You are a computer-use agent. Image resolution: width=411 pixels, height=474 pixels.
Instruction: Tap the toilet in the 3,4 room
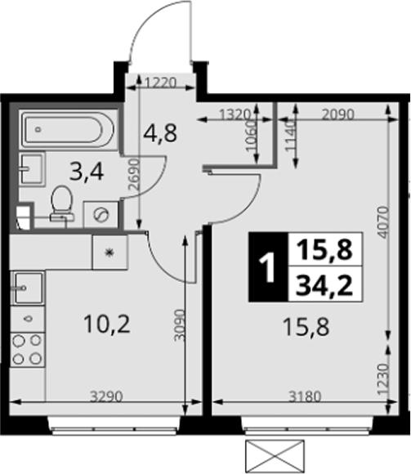[x=62, y=205]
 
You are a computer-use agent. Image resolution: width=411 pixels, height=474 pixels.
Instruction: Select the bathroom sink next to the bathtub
[x=32, y=168]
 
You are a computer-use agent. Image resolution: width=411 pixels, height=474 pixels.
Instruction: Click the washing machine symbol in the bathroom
[x=101, y=214]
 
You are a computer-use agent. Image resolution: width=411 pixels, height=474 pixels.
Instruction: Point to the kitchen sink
[x=28, y=288]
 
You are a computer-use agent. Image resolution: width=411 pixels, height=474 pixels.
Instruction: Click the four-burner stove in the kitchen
[x=28, y=350]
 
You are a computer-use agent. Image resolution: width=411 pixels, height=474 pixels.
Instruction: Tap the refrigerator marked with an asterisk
[x=110, y=253]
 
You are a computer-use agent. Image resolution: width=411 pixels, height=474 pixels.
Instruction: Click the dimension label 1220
[x=160, y=83]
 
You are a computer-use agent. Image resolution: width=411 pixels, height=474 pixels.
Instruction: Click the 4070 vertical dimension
[x=383, y=222]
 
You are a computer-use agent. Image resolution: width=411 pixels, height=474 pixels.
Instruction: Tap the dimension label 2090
[x=337, y=115]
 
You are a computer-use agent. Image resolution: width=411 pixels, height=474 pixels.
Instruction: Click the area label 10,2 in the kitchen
[x=107, y=324]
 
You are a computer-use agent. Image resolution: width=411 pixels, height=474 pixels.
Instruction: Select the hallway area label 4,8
[x=160, y=133]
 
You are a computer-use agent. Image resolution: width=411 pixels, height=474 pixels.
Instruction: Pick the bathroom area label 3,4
[x=87, y=172]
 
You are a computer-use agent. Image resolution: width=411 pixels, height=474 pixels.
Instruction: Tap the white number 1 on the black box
[x=268, y=267]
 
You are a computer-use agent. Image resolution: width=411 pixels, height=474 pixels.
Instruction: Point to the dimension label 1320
[x=235, y=115]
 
